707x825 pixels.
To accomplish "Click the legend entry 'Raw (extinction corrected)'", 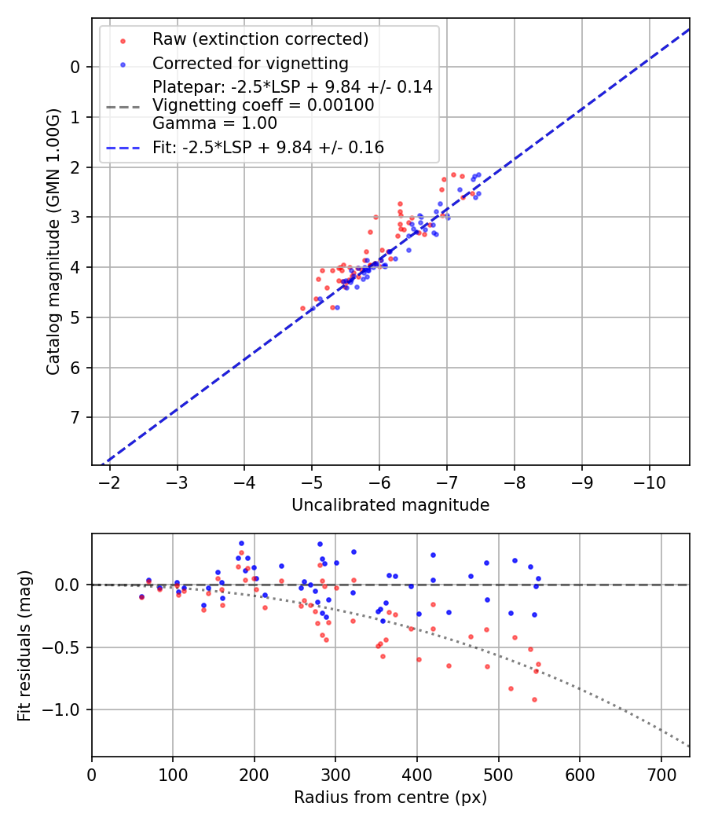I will pos(260,38).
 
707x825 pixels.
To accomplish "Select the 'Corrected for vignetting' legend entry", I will pos(250,63).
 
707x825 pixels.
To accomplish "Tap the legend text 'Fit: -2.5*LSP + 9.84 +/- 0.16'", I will pos(268,147).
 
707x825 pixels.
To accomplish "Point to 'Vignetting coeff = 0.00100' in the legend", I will pos(263,105).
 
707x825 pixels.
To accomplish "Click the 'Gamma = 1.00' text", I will pos(214,123).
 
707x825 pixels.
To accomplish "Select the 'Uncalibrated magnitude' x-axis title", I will pos(390,505).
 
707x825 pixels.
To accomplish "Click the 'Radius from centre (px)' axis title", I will pos(390,797).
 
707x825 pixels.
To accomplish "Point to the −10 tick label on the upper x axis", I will pos(649,481).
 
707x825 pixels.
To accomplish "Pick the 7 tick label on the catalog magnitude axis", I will pos(75,417).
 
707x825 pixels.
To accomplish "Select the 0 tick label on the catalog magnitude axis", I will pos(75,67).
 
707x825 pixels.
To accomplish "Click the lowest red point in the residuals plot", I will pos(534,699).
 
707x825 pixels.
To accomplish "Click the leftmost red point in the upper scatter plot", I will pos(303,308).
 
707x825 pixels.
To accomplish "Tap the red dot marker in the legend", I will pos(122,39).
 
